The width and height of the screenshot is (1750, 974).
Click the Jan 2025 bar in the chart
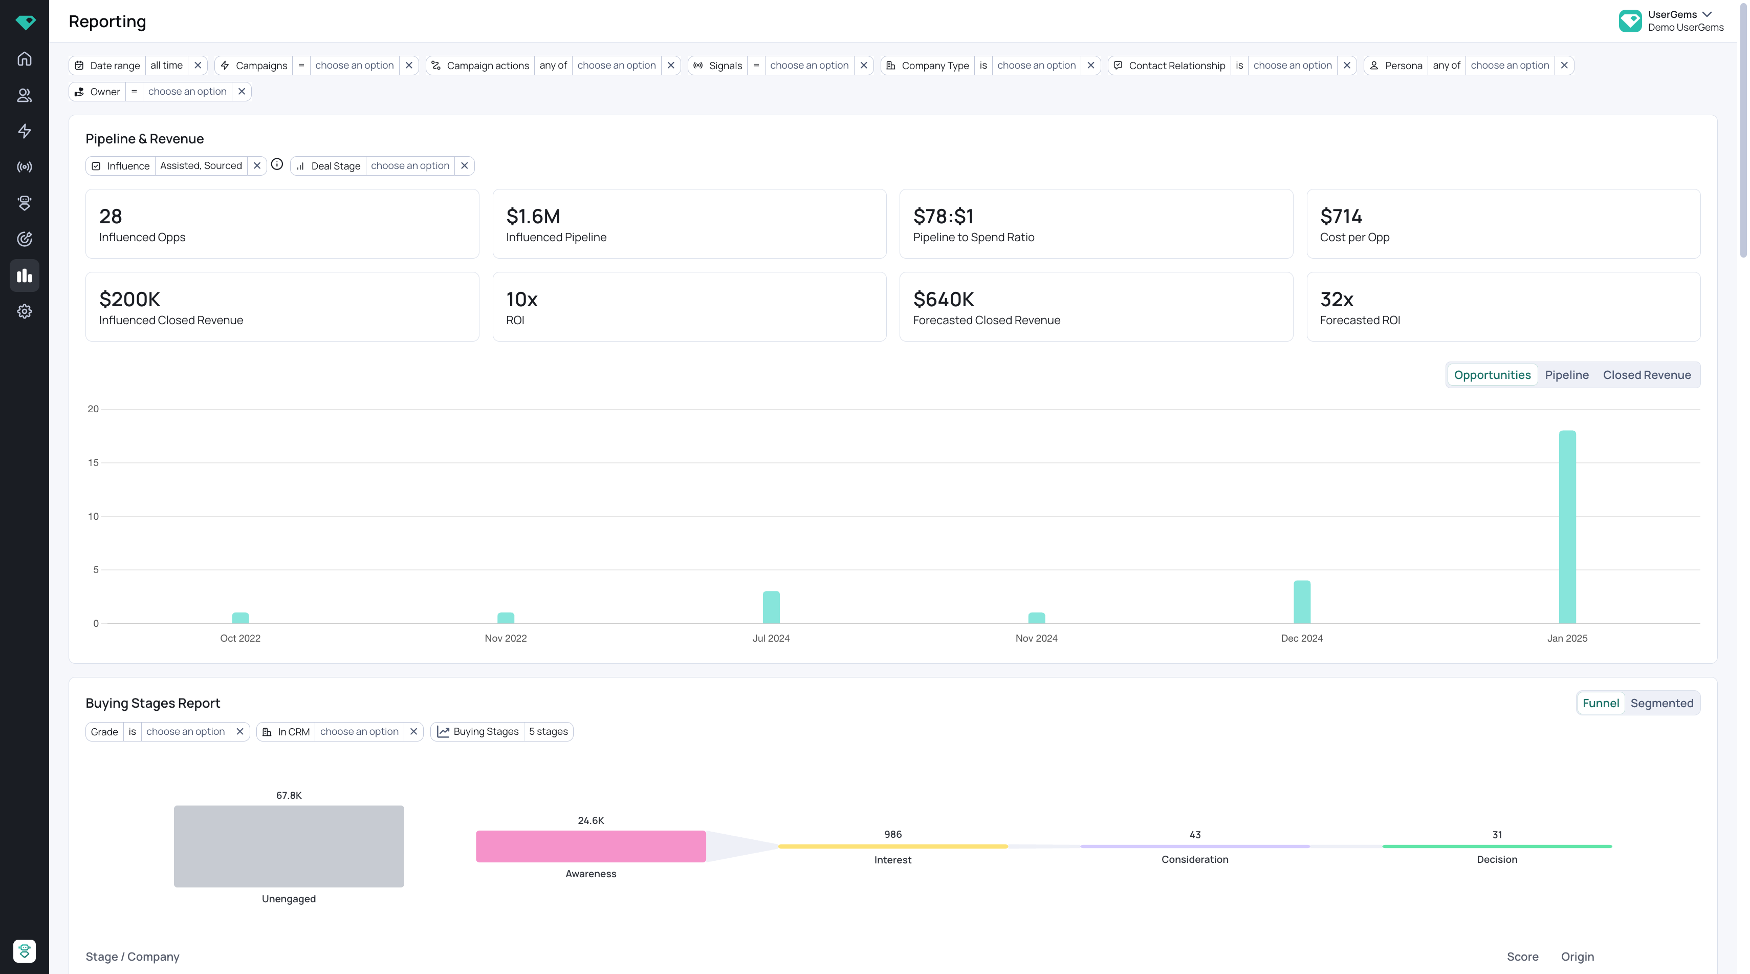click(x=1567, y=527)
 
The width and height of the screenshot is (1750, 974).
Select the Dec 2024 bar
click(x=1302, y=602)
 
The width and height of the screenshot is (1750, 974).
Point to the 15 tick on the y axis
click(x=93, y=462)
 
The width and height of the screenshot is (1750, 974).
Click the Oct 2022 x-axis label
click(x=240, y=638)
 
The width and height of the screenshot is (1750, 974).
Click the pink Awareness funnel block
click(x=590, y=846)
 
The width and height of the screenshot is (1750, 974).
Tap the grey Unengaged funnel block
click(x=289, y=846)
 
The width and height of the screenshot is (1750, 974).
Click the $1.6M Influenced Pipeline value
click(x=533, y=216)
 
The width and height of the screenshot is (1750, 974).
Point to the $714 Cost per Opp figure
click(x=1341, y=216)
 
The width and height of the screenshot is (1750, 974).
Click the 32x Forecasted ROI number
click(x=1336, y=299)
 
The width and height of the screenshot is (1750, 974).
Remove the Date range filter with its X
click(x=198, y=65)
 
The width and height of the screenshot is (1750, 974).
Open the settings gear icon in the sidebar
click(x=25, y=311)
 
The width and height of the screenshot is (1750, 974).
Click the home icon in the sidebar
click(x=25, y=58)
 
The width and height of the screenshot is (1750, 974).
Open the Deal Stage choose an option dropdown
click(x=410, y=166)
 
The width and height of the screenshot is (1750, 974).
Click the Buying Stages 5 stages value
click(x=548, y=731)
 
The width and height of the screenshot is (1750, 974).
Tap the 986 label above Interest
click(x=893, y=834)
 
